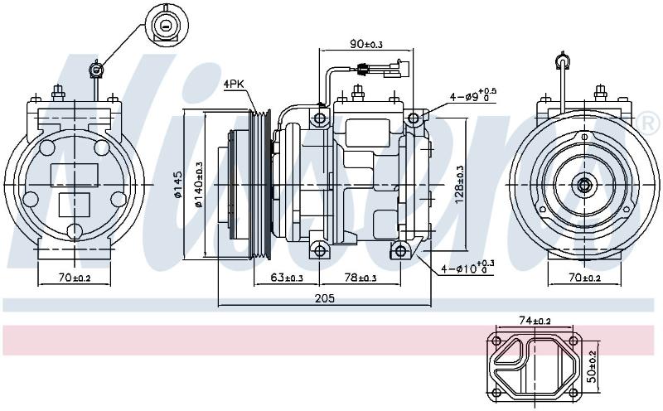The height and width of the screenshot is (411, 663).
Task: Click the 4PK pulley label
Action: tap(234, 85)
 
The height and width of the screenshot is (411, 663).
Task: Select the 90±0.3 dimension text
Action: tap(366, 44)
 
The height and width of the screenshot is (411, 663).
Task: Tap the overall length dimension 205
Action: tap(325, 298)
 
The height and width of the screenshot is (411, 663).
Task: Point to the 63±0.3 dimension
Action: tap(287, 278)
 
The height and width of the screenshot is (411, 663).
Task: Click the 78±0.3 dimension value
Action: tap(361, 278)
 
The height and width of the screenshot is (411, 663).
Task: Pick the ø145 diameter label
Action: tap(177, 184)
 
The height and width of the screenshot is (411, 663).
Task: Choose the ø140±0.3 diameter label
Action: tap(199, 184)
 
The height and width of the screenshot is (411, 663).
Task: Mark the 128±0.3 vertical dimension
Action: tap(460, 184)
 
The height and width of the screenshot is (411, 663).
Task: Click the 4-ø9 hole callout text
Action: tap(472, 95)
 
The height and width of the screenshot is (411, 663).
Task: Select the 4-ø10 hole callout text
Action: tap(467, 268)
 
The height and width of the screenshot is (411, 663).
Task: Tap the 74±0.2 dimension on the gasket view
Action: tap(535, 322)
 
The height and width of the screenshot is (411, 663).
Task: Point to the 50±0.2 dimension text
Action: tap(593, 366)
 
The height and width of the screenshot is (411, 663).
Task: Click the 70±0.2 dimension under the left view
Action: tap(75, 278)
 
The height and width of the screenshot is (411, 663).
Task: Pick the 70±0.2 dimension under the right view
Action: tap(584, 278)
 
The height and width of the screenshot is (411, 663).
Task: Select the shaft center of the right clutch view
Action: tap(584, 185)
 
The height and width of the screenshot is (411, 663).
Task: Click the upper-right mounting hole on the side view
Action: tap(413, 118)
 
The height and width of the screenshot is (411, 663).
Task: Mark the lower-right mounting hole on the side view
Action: tap(400, 251)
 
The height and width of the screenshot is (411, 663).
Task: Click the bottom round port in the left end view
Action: tap(75, 231)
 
